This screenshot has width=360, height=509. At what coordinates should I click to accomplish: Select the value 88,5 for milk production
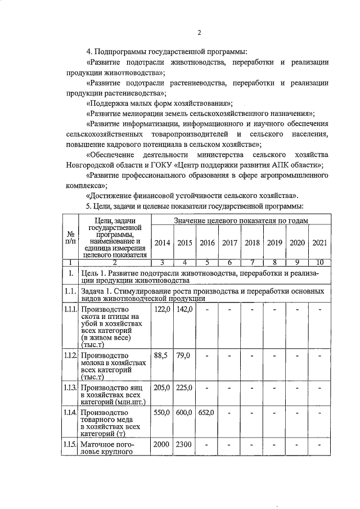tap(162, 355)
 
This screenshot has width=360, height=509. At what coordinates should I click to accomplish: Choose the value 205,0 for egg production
tap(162, 388)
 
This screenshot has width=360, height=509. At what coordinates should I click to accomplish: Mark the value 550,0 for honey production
tap(162, 413)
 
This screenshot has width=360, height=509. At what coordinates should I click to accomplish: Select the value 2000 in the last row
tap(162, 445)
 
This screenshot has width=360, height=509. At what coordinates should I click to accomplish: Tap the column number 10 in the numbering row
tap(319, 262)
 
